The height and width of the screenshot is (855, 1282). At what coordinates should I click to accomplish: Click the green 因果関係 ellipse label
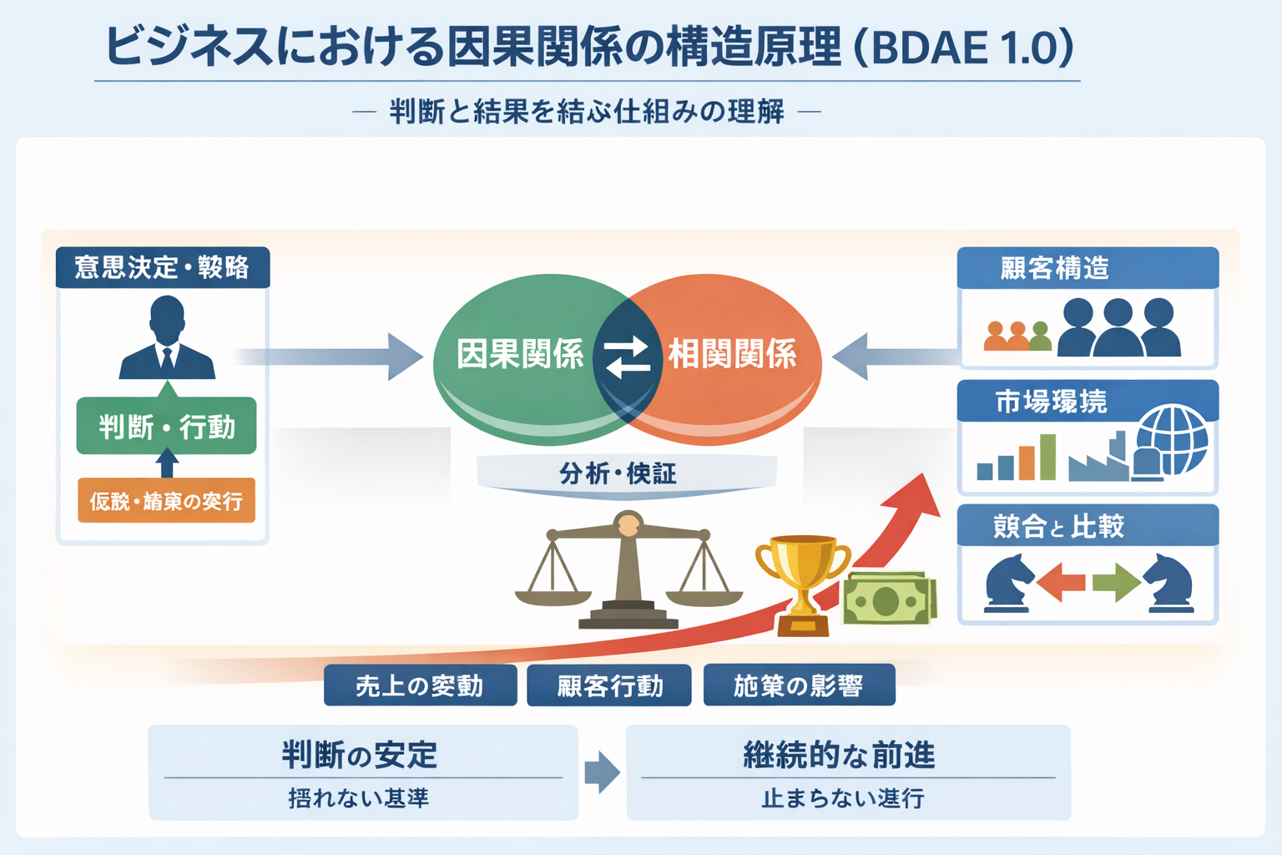tap(520, 354)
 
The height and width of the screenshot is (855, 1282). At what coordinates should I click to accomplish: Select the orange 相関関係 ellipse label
tap(732, 354)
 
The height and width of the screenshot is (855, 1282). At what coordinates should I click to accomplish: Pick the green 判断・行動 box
tap(167, 427)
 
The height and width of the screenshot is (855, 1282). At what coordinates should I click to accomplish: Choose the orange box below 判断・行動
tap(167, 500)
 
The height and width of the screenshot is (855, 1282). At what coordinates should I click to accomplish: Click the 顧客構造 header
tap(1088, 268)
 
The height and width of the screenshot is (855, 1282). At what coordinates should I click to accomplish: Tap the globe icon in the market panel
tap(1172, 440)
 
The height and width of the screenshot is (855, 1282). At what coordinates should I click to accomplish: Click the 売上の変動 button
tap(420, 686)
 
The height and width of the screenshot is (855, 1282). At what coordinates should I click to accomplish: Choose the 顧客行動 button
tap(609, 686)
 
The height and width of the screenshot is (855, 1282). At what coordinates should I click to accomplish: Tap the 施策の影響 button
tap(799, 686)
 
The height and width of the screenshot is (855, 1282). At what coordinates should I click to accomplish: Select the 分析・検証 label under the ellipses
tap(618, 473)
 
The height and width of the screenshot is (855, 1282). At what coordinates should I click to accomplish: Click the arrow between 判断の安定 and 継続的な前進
tap(602, 772)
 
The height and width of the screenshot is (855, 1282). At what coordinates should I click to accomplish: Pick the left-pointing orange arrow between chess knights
tap(1062, 582)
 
